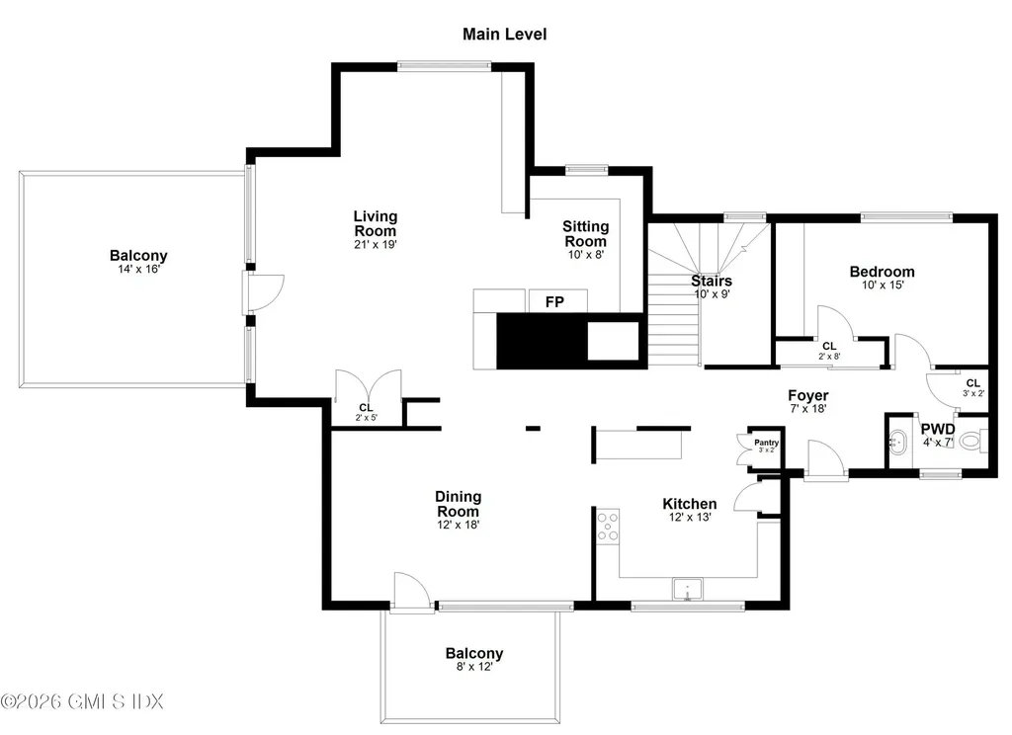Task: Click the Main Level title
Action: click(504, 35)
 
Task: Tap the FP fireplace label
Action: click(554, 301)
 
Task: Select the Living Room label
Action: click(376, 223)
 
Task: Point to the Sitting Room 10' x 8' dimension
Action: click(585, 254)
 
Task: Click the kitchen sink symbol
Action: click(686, 591)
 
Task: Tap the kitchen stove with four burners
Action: click(608, 527)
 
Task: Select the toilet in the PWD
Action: click(970, 442)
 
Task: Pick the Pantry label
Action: click(767, 443)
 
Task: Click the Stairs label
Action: click(711, 281)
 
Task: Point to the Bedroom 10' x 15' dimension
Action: click(882, 286)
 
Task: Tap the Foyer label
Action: click(807, 395)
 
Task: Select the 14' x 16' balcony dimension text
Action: click(138, 269)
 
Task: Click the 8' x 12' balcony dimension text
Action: click(473, 667)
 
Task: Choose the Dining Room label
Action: click(458, 504)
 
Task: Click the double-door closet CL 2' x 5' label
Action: click(366, 412)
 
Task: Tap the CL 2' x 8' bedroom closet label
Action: click(828, 350)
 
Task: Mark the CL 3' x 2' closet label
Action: click(972, 388)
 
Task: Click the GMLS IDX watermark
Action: click(82, 701)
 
